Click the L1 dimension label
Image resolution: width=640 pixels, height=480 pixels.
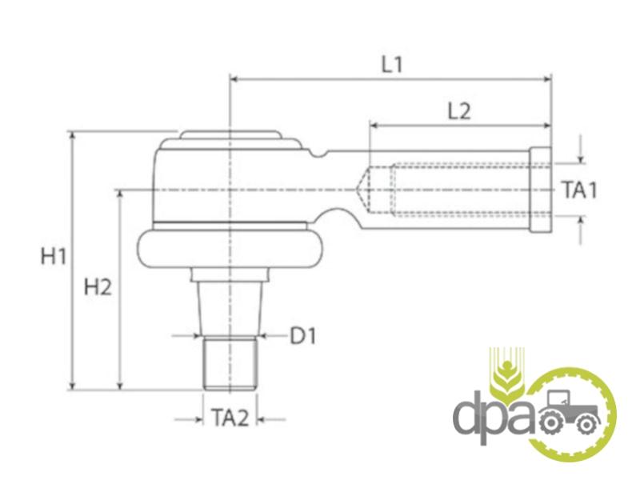tap(392, 65)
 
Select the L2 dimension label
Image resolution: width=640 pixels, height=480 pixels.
tap(459, 111)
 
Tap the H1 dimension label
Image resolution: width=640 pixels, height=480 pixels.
tap(54, 257)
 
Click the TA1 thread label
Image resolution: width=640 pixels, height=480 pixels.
tap(579, 190)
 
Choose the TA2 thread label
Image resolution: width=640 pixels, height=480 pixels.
tap(230, 418)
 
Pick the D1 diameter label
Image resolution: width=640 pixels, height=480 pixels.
tap(303, 336)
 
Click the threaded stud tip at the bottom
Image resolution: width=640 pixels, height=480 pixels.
tap(230, 363)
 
